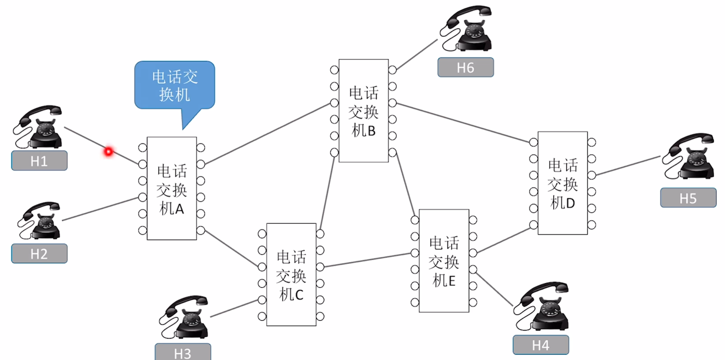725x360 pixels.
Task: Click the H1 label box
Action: tap(39, 161)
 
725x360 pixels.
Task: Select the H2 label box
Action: tap(39, 253)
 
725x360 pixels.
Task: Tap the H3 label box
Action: tap(183, 352)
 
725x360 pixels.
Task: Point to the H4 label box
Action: tap(541, 345)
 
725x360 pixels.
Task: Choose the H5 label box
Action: tap(688, 198)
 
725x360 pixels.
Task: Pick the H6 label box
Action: tap(466, 67)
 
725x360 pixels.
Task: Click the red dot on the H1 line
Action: tap(109, 151)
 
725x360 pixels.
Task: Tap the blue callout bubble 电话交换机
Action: tap(175, 85)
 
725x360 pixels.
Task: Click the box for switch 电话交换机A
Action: tap(172, 189)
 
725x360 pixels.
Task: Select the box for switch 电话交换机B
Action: tap(364, 111)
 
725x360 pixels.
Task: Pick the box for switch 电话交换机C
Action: tap(291, 274)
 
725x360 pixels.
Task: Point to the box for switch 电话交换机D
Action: tap(562, 183)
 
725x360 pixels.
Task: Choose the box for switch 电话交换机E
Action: tap(444, 261)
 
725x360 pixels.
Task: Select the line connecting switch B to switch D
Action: tap(463, 123)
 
